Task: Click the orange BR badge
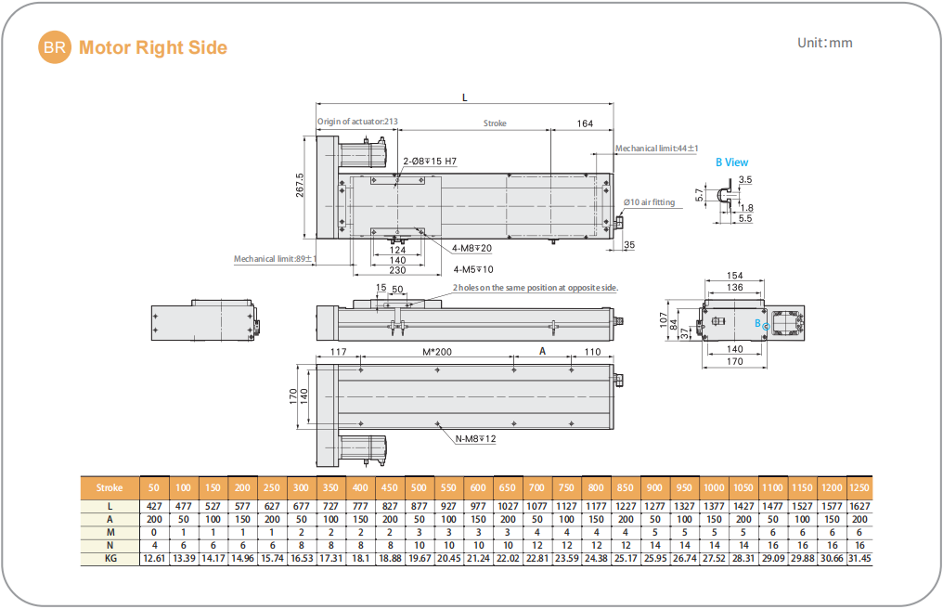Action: click(x=54, y=48)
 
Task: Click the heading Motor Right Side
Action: click(x=153, y=47)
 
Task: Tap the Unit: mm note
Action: click(x=824, y=43)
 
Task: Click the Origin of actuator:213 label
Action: click(x=357, y=122)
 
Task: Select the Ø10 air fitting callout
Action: click(x=649, y=202)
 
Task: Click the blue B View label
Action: click(x=731, y=162)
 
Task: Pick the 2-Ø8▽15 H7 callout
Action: click(x=429, y=162)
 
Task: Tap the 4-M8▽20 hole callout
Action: click(x=472, y=248)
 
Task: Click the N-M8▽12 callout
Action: click(x=475, y=438)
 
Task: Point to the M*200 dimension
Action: click(x=436, y=352)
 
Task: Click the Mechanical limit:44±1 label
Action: click(x=657, y=148)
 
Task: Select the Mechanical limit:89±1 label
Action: click(x=275, y=259)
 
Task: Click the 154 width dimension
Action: click(x=734, y=276)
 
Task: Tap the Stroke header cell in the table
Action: click(x=110, y=487)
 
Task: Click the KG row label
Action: click(x=110, y=558)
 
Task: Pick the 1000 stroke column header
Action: click(x=714, y=487)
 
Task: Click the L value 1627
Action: click(x=860, y=505)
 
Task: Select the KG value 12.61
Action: click(x=154, y=558)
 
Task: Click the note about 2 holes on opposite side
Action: click(x=535, y=288)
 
